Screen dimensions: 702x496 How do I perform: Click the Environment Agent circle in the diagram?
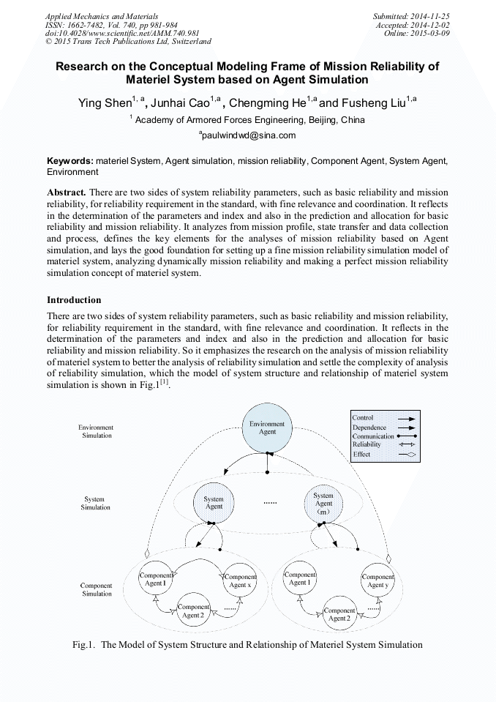(267, 428)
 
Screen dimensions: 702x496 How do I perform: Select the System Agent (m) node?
(323, 504)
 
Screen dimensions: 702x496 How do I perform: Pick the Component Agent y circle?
(377, 580)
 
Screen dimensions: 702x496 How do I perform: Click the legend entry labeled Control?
(362, 418)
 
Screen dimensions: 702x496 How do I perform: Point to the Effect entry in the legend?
(361, 455)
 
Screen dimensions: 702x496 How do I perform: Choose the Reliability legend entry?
(367, 445)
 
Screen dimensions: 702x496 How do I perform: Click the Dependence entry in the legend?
(369, 427)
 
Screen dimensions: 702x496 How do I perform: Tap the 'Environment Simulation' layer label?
(97, 431)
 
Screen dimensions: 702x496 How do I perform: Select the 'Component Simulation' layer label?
(96, 589)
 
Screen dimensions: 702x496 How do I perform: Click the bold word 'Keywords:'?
(70, 160)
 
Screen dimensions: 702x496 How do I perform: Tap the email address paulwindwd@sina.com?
(248, 135)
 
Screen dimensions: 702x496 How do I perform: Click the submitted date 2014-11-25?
(432, 15)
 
